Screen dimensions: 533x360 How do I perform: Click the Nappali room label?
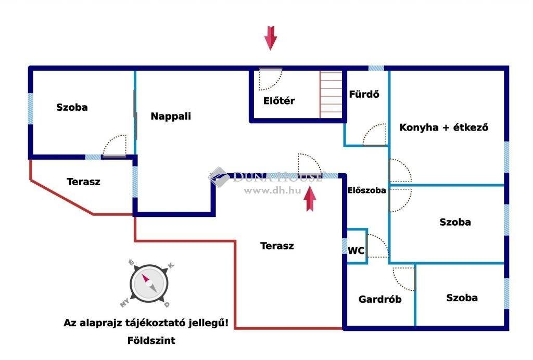(x=171, y=116)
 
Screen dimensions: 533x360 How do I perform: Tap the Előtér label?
(x=279, y=100)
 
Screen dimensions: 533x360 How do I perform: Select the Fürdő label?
(x=364, y=94)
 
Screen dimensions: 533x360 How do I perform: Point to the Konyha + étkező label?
(x=443, y=127)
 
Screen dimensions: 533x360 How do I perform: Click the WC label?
(x=356, y=251)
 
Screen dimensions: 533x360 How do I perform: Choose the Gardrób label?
(x=380, y=299)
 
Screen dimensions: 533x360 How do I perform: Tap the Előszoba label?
(x=366, y=190)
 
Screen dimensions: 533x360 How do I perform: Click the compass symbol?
(x=149, y=284)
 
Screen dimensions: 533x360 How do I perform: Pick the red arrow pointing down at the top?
(x=271, y=38)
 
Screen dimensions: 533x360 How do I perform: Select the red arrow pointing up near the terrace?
(x=310, y=199)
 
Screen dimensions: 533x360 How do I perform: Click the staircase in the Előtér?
(x=331, y=94)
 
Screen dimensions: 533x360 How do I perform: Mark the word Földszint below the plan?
(x=151, y=340)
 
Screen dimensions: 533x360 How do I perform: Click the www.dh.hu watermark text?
(x=272, y=190)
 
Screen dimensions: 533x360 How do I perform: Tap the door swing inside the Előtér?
(x=270, y=80)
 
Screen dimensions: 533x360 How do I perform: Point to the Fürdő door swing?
(x=375, y=134)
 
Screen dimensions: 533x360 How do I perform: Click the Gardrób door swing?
(x=404, y=278)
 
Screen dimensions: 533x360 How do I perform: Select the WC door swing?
(x=378, y=245)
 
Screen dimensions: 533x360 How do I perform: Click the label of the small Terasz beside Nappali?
(x=83, y=182)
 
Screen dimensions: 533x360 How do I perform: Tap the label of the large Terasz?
(x=277, y=246)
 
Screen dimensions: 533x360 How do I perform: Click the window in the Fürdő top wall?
(x=376, y=68)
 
